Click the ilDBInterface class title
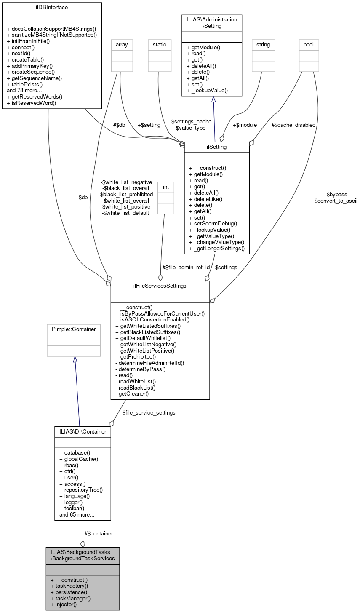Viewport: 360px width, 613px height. point(52,7)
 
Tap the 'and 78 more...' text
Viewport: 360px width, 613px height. point(24,90)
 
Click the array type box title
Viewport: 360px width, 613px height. point(122,44)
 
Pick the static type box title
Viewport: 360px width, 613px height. point(160,44)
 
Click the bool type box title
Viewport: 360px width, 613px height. point(309,44)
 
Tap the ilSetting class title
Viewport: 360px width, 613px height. point(217,147)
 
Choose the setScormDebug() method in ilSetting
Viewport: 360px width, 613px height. point(213,223)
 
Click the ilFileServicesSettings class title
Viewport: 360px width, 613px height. point(160,286)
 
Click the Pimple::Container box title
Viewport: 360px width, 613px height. point(74,329)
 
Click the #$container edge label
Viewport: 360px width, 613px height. point(99,533)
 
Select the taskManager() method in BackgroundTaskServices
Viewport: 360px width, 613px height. point(70,598)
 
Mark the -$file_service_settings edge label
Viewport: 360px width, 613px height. point(148,413)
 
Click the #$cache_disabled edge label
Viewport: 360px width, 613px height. point(293,125)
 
